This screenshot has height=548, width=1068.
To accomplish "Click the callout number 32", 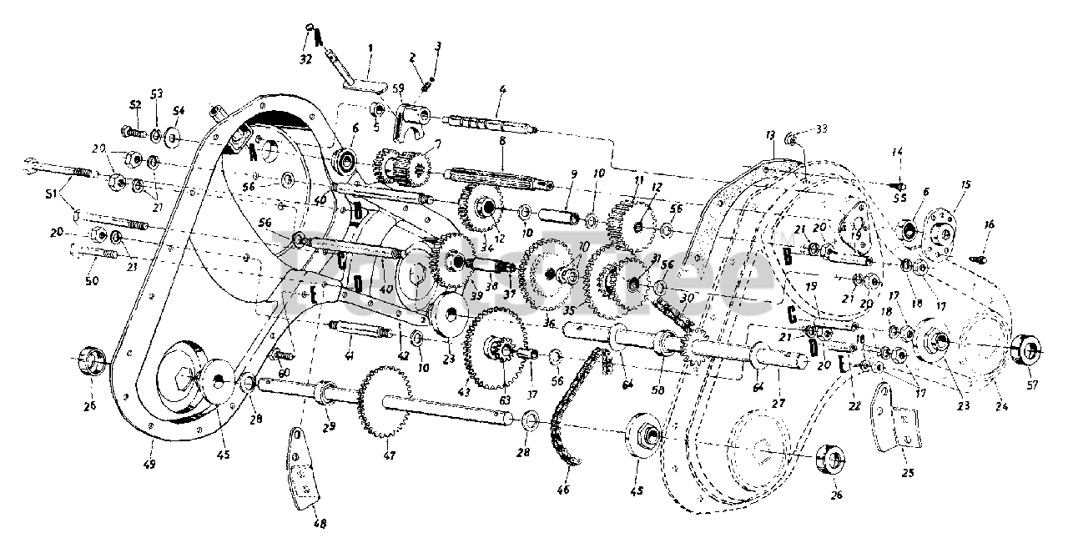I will click(305, 60).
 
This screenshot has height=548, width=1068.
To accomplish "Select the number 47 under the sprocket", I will click(390, 455).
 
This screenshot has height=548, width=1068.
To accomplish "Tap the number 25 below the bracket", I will click(908, 473).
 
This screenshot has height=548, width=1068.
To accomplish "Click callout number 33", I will click(822, 128).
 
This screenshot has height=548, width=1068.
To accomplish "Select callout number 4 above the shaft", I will click(502, 89).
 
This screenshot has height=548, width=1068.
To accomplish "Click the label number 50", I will click(92, 281).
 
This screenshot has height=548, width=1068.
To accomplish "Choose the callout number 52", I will click(135, 104).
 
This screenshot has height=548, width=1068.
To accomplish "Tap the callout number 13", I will click(768, 135).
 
